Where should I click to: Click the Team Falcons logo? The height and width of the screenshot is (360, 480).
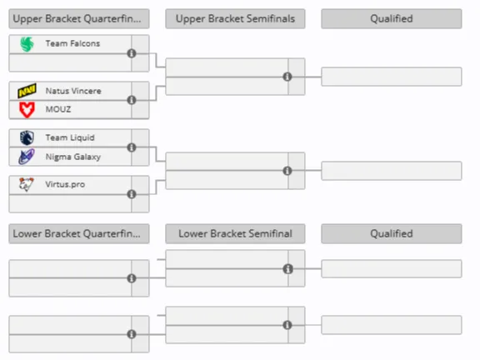coord(27,44)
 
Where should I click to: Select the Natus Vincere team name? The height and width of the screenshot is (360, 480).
coord(73,91)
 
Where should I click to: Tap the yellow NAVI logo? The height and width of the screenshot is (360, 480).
coord(27,91)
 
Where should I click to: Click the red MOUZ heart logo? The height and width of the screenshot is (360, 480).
coord(27,110)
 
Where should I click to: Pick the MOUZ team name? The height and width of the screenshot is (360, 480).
coord(58,109)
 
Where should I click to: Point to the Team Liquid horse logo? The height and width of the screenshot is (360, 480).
coord(27,137)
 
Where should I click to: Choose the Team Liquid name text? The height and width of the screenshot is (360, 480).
coord(70,137)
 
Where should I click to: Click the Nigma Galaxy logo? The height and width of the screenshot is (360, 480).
coord(27,157)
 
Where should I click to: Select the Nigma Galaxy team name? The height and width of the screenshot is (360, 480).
coord(72,157)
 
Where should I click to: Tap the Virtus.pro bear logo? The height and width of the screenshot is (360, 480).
coord(27,184)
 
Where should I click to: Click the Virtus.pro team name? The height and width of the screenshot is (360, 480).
coord(65,184)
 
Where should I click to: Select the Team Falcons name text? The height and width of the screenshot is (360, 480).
coord(72,43)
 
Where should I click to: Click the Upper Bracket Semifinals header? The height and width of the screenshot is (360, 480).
coord(235,18)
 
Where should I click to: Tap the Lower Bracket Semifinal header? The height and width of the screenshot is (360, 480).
coord(235,233)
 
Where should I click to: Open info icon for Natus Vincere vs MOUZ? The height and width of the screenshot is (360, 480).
coord(132,100)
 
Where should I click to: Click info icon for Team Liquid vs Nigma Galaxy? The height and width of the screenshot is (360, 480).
coord(132,147)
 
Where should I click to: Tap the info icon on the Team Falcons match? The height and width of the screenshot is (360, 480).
coord(132,53)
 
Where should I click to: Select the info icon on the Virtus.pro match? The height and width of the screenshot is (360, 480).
coord(132,194)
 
